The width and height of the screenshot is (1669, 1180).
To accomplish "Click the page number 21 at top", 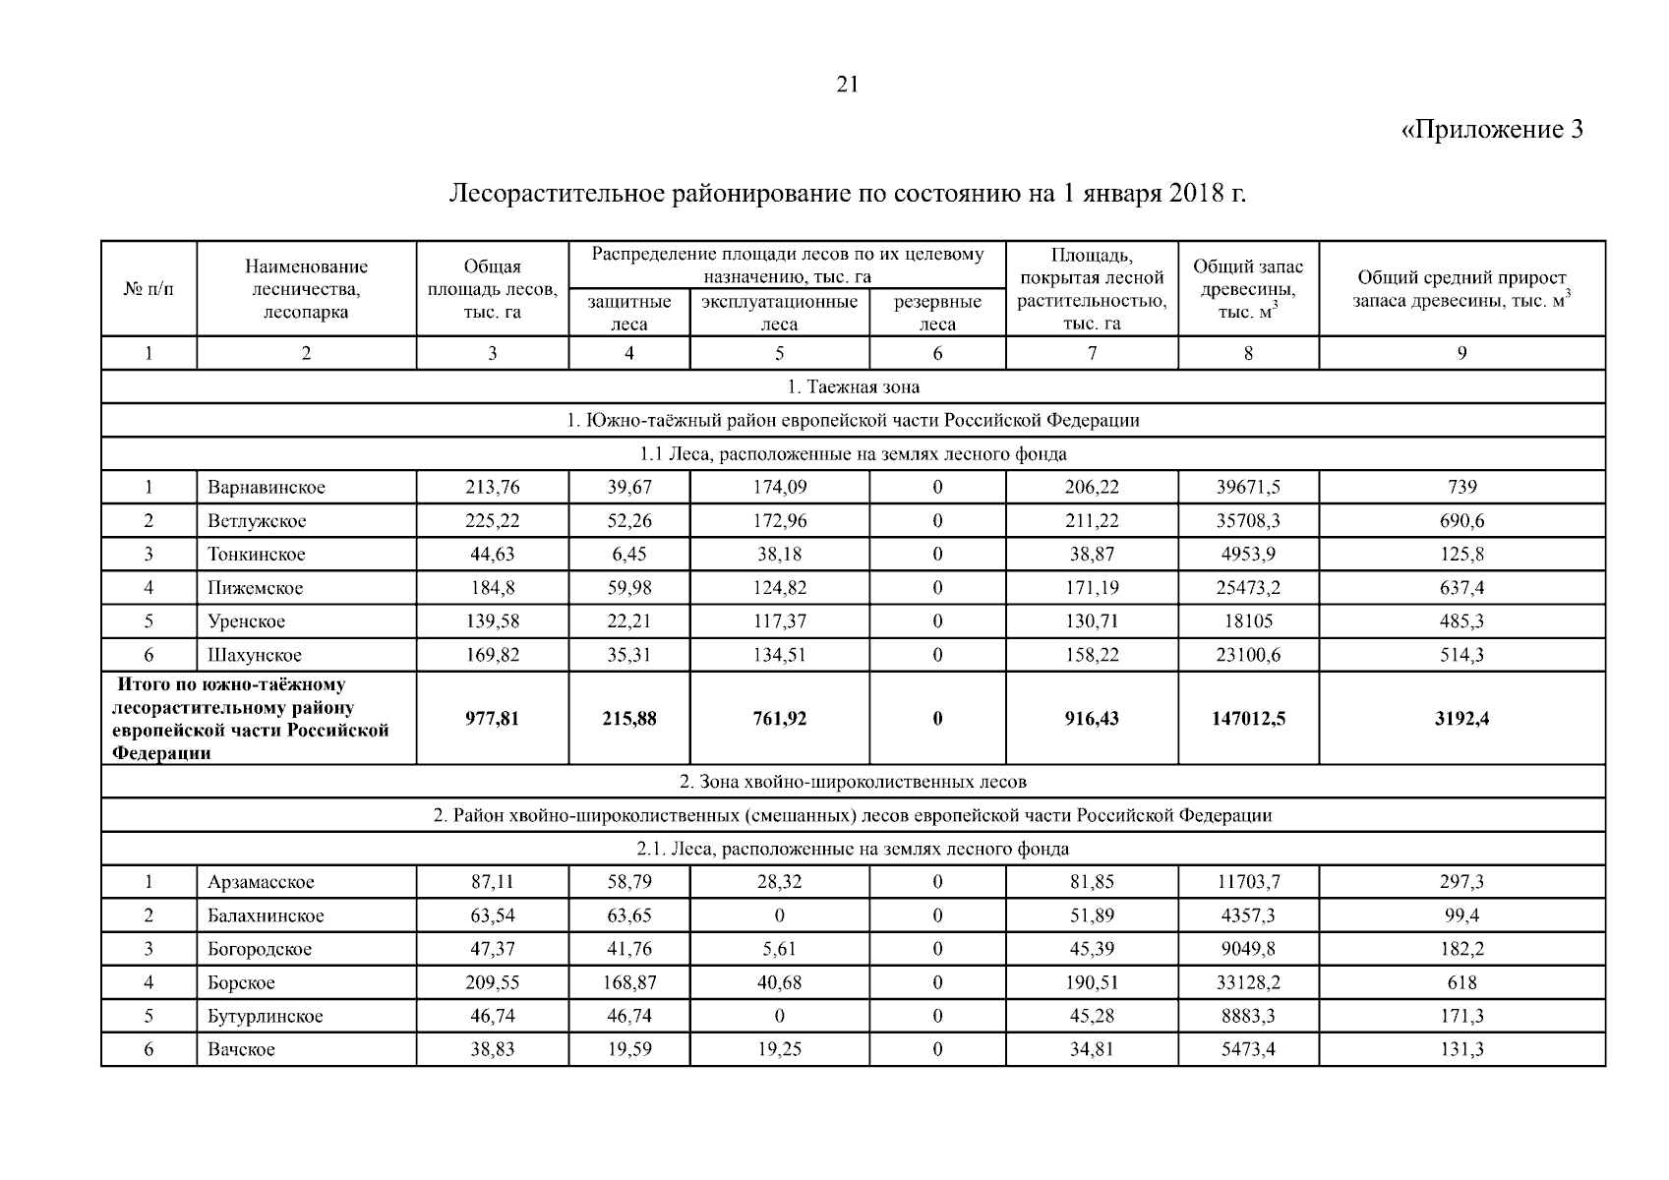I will [x=848, y=85].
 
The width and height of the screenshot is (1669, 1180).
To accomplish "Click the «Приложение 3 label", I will [x=1491, y=130].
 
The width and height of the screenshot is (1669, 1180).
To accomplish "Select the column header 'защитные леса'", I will [x=629, y=313].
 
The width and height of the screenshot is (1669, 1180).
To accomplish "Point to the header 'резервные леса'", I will [x=937, y=313].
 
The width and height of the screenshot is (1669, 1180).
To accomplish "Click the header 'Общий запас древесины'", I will [x=1248, y=288].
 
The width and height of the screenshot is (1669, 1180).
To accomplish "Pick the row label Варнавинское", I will [x=266, y=487].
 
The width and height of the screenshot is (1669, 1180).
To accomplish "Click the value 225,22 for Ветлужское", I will [x=492, y=520].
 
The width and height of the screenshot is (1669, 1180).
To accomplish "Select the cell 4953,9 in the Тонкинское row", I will [x=1248, y=554].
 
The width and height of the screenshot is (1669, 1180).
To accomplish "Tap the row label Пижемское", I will [x=255, y=588].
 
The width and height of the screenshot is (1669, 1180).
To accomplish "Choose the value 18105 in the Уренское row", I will [x=1248, y=621].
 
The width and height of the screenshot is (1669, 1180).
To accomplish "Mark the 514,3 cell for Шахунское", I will [x=1461, y=655].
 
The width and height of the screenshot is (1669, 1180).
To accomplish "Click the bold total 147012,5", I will [x=1248, y=719].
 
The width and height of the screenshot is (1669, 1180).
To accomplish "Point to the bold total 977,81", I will [x=492, y=719].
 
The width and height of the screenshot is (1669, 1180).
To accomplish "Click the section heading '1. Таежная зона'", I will [x=853, y=386].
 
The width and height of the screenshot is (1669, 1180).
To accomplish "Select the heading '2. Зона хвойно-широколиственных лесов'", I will [x=853, y=782].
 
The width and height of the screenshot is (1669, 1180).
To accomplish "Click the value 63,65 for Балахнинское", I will [x=629, y=915].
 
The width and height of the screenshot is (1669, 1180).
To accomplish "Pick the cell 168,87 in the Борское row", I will [x=629, y=982].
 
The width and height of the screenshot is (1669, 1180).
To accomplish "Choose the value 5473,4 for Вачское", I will [x=1248, y=1049].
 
